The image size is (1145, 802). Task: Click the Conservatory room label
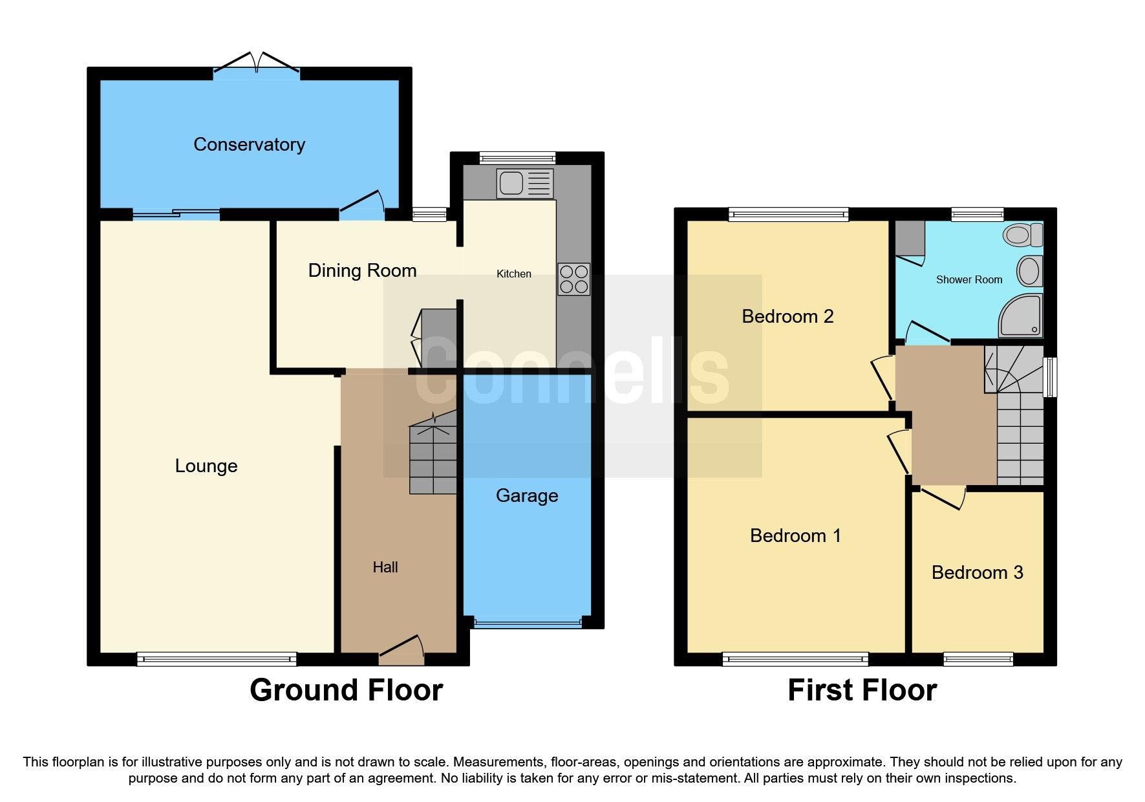coord(249,144)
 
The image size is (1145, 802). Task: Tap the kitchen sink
coord(524,183)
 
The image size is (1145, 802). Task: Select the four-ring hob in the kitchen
coord(573,279)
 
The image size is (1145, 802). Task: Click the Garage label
coord(526,495)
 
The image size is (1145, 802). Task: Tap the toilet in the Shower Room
coord(1023,235)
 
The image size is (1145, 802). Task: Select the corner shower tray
coord(1022,316)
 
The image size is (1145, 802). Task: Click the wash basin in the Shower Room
coord(1029,271)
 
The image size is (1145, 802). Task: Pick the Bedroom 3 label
coord(977,572)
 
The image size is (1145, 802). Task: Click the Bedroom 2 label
coord(787,316)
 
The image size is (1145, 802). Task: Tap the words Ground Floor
coord(346,690)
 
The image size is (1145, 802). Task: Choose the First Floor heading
coord(862,690)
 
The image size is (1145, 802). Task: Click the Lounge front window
coord(217,659)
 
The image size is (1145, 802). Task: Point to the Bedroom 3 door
coord(943,497)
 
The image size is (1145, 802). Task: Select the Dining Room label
coord(362,270)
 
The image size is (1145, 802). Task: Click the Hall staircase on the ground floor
coord(433,456)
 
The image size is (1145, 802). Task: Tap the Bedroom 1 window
coord(795,659)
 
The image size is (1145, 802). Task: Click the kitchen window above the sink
coord(517,157)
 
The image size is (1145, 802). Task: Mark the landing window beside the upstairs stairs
coord(1051,376)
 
